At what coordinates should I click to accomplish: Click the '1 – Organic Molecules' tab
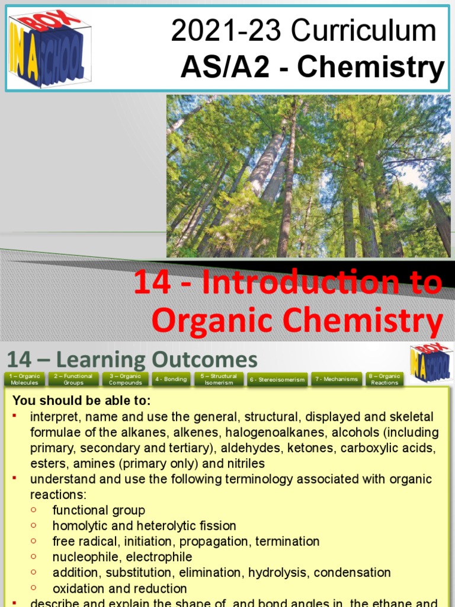tap(24, 379)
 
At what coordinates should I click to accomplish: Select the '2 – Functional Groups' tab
tap(73, 379)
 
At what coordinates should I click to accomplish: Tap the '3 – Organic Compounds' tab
tap(125, 379)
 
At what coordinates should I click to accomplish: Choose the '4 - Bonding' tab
tap(171, 379)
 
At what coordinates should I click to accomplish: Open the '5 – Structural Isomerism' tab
tap(219, 379)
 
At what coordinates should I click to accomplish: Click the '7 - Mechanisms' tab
tap(336, 379)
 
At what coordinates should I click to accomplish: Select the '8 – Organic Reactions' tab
tap(384, 379)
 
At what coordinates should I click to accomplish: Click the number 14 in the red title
tap(152, 283)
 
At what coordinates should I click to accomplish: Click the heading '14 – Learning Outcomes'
tap(132, 360)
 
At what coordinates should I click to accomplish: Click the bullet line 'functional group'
tap(98, 510)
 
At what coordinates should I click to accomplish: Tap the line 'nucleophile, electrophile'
tap(122, 557)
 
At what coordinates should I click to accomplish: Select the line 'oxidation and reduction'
tap(120, 589)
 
